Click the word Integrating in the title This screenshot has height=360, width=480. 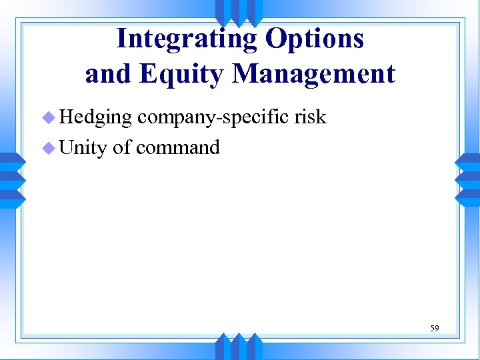point(187,39)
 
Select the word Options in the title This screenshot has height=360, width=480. point(315,39)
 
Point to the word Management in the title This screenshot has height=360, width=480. point(313,73)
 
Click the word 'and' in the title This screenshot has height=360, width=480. point(109,73)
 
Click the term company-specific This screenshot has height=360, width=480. point(213,117)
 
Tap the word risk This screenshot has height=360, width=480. point(310,117)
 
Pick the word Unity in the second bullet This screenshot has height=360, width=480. point(83,147)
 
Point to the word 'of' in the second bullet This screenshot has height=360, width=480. point(122,147)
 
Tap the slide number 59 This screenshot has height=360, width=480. point(435,328)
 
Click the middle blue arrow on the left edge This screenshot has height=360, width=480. point(12,179)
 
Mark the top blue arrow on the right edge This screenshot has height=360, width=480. point(468,161)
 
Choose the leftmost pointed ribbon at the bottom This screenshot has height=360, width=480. point(223,347)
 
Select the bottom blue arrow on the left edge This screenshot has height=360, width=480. point(12,198)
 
